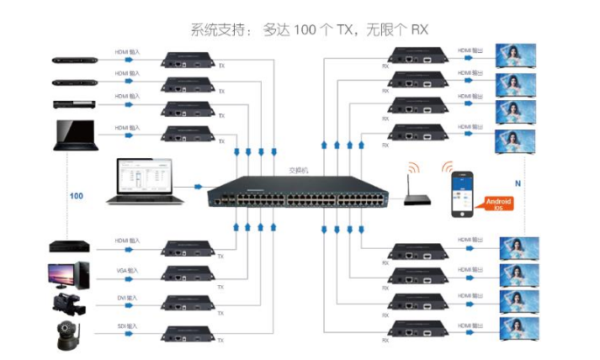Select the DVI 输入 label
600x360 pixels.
(x=128, y=297)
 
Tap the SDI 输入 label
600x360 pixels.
(x=128, y=326)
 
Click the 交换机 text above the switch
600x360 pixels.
(x=300, y=169)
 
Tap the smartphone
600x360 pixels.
(x=459, y=194)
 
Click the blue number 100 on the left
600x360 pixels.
(x=77, y=195)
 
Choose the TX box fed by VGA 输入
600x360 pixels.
(x=193, y=275)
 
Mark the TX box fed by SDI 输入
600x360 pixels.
(x=193, y=331)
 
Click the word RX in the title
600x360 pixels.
(x=420, y=31)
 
